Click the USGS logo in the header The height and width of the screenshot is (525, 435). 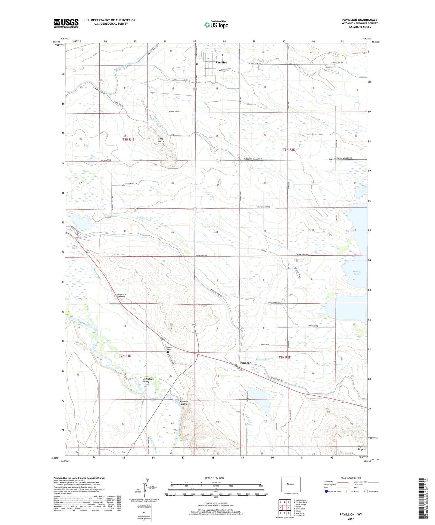(66, 23)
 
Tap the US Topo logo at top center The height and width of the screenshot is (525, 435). (216, 25)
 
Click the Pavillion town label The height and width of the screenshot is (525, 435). (222, 62)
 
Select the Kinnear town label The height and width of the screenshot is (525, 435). (245, 363)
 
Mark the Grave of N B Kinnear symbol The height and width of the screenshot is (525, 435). (115, 296)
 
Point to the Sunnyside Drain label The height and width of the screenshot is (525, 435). (265, 359)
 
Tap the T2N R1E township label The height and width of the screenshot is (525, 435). (125, 356)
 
